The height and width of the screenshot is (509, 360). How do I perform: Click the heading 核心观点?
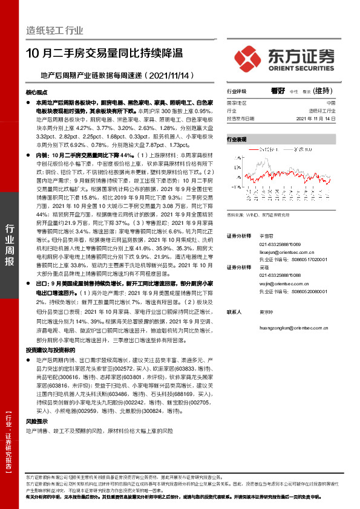(x=36, y=93)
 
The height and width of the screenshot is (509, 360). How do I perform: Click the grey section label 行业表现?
(x=237, y=139)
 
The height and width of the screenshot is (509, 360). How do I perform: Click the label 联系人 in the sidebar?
(x=234, y=313)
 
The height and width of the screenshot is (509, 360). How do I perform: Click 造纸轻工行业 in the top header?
(x=54, y=30)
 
